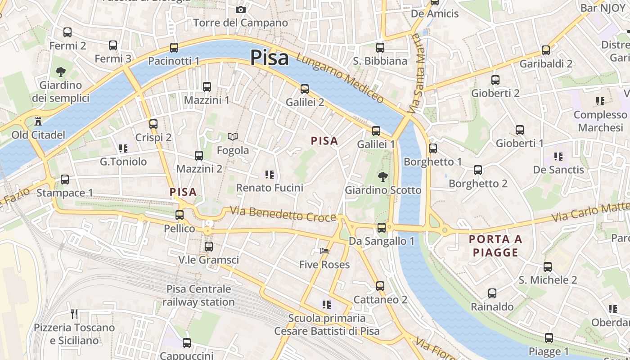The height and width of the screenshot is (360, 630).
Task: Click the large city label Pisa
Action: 269,58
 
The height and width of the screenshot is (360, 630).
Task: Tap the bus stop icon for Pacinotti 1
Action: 174,48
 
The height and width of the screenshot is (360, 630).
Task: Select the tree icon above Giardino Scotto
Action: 383,176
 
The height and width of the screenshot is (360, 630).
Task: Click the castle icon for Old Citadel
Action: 38,121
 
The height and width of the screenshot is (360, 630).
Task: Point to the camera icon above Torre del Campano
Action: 241,9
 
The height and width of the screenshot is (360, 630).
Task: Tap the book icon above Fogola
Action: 233,136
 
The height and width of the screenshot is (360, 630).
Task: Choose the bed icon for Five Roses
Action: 324,251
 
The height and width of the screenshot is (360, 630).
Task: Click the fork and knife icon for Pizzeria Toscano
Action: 75,314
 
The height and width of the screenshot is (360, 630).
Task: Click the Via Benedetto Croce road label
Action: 283,214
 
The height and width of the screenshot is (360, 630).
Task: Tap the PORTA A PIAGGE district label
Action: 495,246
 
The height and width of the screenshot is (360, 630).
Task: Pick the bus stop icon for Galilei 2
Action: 305,89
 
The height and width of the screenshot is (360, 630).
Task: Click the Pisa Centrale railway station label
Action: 198,295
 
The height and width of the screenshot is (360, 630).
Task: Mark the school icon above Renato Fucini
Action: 270,174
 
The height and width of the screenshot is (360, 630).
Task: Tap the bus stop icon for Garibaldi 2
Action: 546,50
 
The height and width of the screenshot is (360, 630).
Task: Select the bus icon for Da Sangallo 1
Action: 382,228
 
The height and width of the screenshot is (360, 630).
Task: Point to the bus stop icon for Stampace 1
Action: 65,180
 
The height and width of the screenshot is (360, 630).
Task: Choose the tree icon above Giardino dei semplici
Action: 60,72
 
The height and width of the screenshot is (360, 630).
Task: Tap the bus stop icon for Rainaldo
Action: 492,293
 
